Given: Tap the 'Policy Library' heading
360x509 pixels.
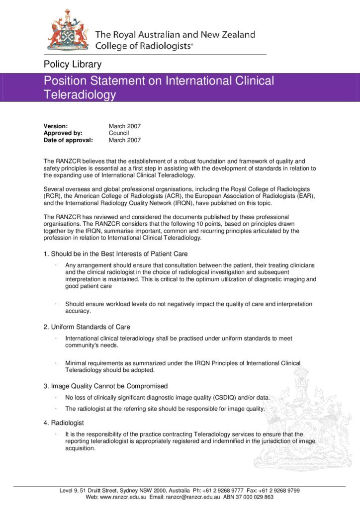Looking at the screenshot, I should coord(73,64).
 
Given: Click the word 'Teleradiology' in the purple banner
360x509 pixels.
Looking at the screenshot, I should coord(80,94).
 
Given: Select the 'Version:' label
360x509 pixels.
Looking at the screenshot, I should coord(56,126).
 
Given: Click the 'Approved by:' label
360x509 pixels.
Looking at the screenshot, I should coord(63,133).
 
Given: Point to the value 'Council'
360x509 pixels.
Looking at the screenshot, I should coord(119,133).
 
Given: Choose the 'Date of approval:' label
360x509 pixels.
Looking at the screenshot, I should coord(68,140).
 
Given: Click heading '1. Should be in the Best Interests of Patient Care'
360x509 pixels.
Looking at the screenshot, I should coord(115,254).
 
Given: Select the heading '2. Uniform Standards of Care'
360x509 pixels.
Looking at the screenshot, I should coord(87,327).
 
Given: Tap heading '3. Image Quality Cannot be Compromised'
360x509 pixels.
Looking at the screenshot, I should coord(105,386).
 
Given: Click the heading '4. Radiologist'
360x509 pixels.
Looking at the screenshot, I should coord(64,423).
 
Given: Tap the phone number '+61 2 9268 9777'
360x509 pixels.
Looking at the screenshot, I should coord(225,490).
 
